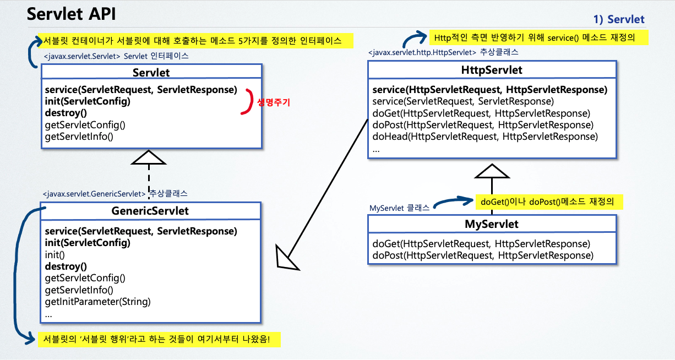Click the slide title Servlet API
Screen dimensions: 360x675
72,15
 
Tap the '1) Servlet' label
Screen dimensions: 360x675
618,19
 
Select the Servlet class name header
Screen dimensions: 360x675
151,73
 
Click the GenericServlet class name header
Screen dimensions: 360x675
150,211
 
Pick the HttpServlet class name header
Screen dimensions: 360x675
492,70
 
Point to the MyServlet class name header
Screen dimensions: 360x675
492,224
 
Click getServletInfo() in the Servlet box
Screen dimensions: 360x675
79,136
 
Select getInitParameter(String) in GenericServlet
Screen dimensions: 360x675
97,302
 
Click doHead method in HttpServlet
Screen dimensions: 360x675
485,137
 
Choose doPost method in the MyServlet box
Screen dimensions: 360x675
483,255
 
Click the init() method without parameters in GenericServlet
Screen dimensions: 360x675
55,255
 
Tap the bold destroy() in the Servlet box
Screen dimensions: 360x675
66,113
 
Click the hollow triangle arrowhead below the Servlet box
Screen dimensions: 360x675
149,157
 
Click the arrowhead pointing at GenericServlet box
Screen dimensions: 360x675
286,258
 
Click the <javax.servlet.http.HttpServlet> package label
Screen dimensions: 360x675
422,52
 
